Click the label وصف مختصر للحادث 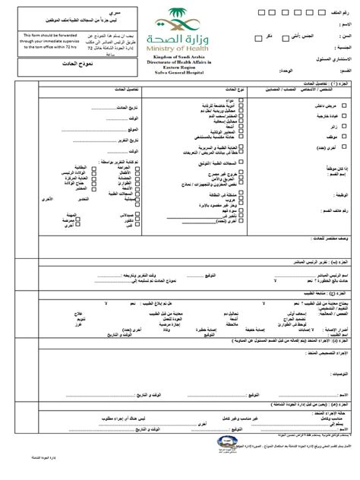(x=327, y=218)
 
